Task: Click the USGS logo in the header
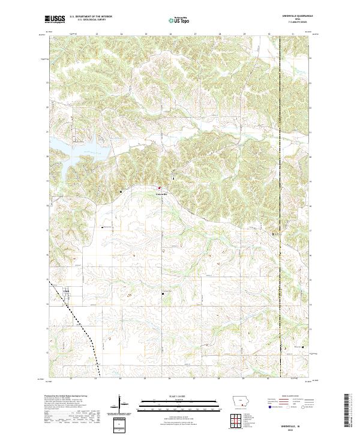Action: click(x=55, y=19)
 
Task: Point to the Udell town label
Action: click(x=66, y=292)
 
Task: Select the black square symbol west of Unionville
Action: click(x=122, y=191)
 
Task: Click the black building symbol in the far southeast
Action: click(x=303, y=347)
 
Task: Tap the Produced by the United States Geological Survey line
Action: click(x=66, y=397)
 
